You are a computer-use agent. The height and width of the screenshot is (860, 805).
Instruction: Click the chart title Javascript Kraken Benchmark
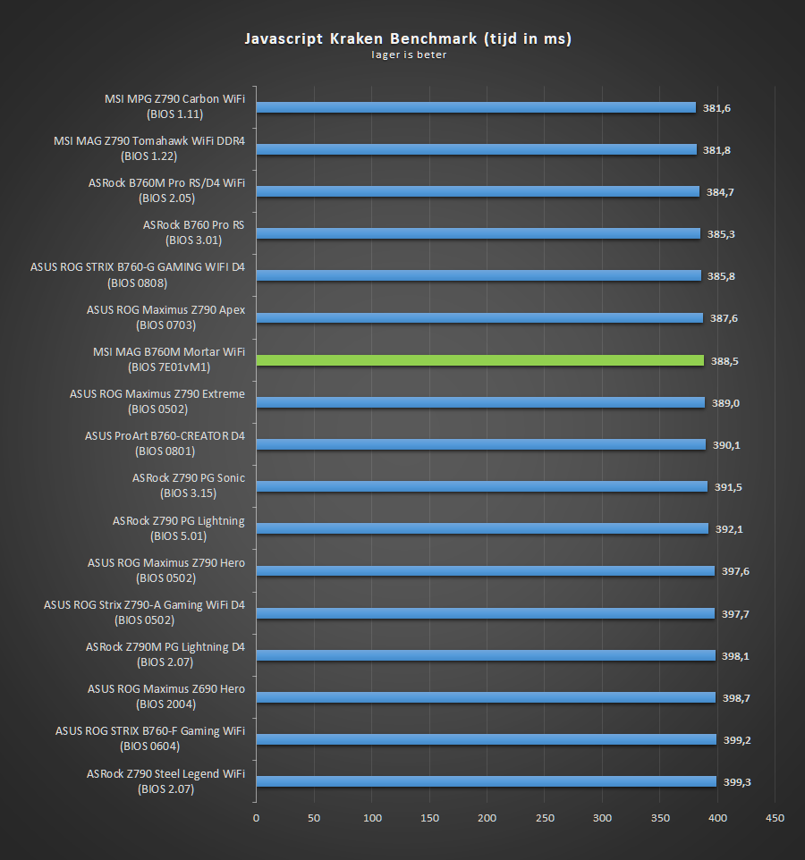point(408,38)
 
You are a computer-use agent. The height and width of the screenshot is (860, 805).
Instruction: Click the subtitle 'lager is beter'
point(409,55)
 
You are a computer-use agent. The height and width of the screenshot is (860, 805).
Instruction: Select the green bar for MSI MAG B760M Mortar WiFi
point(480,360)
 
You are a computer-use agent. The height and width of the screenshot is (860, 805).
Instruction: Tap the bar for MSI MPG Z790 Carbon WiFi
point(476,107)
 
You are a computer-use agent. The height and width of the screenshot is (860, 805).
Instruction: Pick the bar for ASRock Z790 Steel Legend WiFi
point(486,781)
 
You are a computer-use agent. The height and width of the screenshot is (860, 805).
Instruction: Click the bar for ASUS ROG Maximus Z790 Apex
point(479,317)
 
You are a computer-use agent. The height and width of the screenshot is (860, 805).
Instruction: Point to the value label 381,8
point(716,150)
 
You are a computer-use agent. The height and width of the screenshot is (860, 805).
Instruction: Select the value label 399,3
point(736,782)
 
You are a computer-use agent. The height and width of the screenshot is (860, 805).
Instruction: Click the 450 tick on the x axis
point(775,818)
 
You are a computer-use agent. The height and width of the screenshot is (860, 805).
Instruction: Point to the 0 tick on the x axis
point(256,818)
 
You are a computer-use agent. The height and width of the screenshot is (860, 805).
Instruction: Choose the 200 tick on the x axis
point(487,818)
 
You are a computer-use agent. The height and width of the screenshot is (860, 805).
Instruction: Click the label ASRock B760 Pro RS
point(193,225)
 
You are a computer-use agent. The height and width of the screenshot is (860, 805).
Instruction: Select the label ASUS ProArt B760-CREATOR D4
point(165,436)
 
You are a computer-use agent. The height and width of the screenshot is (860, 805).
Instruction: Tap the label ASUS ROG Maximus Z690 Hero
point(166,689)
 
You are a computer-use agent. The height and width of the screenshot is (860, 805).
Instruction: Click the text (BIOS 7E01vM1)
point(169,367)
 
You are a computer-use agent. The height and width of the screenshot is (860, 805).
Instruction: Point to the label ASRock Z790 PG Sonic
point(188,478)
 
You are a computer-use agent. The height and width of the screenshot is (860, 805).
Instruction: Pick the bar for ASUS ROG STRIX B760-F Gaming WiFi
point(486,739)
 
